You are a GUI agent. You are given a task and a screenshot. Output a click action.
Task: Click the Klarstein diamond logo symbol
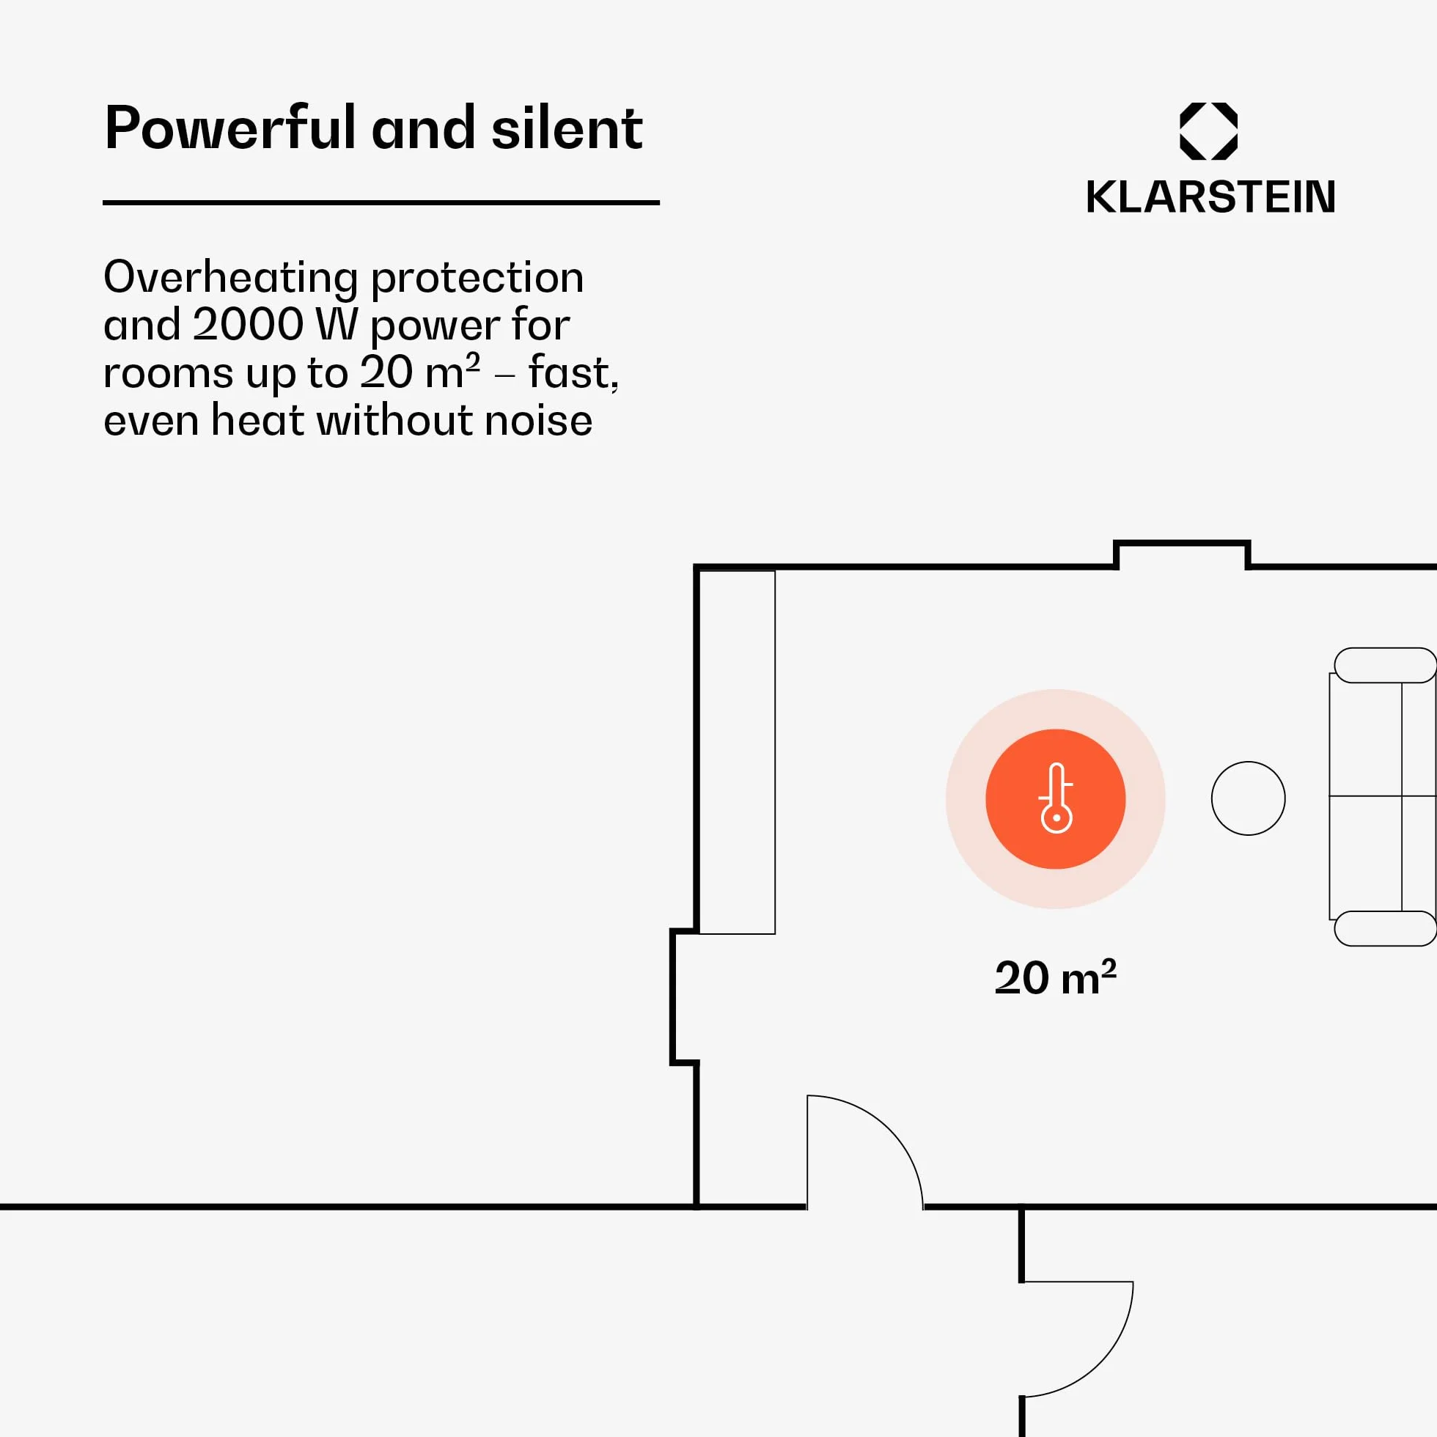(x=1209, y=131)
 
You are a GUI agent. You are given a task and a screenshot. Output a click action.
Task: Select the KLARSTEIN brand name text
(x=1210, y=197)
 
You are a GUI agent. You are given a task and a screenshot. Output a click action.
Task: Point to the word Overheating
(x=230, y=278)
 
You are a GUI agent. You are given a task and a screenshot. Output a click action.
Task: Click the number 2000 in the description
(x=248, y=324)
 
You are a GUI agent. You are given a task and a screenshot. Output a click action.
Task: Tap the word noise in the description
(x=538, y=420)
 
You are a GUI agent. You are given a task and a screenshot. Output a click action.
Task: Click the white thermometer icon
(x=1056, y=798)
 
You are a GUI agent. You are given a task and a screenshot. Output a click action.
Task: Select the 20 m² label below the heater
(x=1056, y=977)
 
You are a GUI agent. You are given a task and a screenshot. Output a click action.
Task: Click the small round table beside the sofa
(x=1248, y=798)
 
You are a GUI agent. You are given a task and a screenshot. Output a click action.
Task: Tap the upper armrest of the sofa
(x=1385, y=665)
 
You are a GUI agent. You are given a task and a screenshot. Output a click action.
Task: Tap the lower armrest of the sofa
(x=1385, y=928)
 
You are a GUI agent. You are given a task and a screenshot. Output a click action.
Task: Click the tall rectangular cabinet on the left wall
(x=736, y=752)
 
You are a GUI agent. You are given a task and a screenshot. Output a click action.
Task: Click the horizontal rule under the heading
(x=381, y=202)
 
